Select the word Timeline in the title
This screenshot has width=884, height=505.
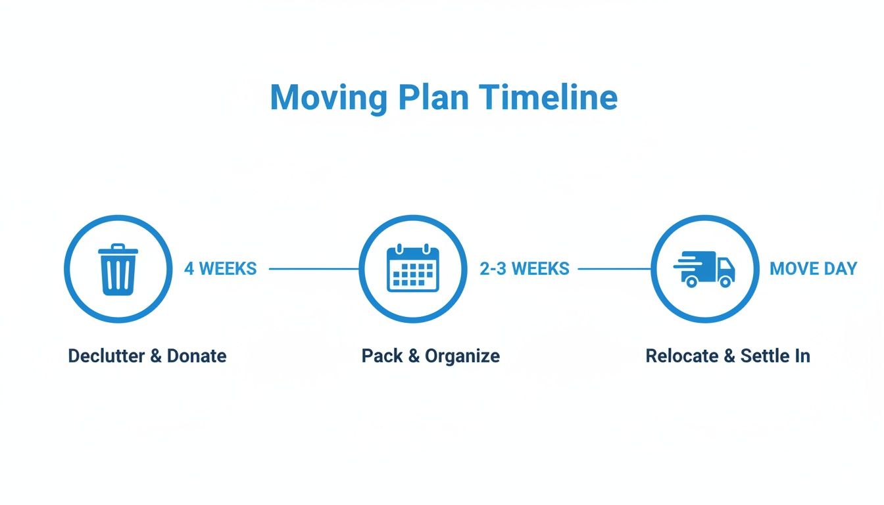tap(548, 98)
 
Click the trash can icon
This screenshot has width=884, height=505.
tap(118, 269)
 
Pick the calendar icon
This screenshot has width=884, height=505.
tap(412, 268)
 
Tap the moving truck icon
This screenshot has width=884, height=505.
tap(704, 269)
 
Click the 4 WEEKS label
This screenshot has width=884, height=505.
tap(220, 269)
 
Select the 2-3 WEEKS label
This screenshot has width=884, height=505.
tap(524, 269)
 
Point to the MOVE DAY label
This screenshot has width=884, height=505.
tap(813, 269)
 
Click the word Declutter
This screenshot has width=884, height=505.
tap(106, 356)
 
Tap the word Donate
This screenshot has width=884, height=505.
tap(197, 356)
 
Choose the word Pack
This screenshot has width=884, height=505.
tap(381, 356)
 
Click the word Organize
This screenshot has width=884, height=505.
tap(462, 356)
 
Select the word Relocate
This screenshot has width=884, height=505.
tap(682, 356)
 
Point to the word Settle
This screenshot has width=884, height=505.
tap(764, 356)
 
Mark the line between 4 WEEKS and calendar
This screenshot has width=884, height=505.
tap(314, 269)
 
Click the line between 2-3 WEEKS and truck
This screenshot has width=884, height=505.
tap(614, 269)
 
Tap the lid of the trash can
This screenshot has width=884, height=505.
tap(118, 250)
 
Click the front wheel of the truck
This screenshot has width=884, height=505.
tap(725, 281)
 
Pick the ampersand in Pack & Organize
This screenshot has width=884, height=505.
tap(414, 356)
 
